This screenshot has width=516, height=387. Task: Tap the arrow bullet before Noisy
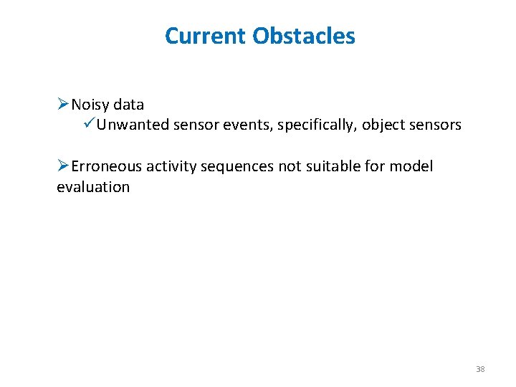point(63,105)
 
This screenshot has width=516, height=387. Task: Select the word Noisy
point(91,105)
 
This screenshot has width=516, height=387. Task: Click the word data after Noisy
point(129,105)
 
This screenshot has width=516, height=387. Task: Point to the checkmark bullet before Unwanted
point(88,125)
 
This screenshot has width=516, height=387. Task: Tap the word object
point(383,125)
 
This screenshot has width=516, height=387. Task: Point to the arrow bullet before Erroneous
point(63,166)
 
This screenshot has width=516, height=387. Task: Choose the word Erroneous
point(107,166)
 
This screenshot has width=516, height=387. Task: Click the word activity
point(172,167)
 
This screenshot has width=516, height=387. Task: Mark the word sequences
point(237,167)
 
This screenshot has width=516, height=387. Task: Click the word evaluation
point(93,187)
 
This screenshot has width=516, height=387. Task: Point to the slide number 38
point(480,369)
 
